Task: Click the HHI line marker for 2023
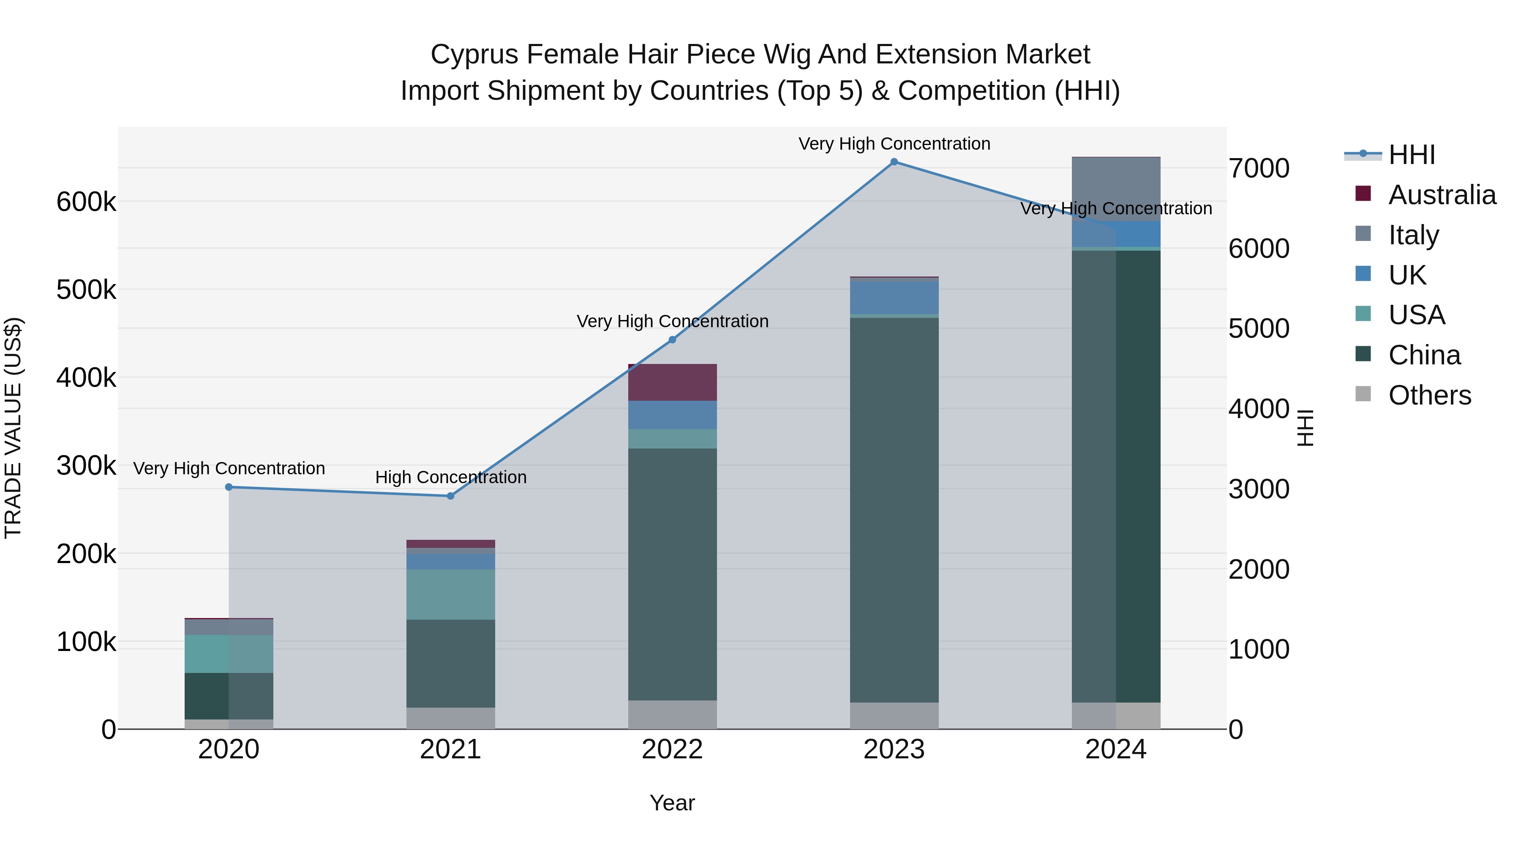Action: coord(894,162)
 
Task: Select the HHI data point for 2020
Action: coord(229,487)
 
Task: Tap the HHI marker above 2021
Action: coord(450,496)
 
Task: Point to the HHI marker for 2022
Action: coord(672,340)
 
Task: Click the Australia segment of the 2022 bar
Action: coord(672,382)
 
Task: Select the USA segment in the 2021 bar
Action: coord(450,594)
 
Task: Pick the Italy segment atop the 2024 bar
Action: coord(1116,189)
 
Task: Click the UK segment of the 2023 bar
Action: coord(894,298)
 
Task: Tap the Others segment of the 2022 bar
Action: coord(672,714)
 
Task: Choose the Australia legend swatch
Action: coord(1363,194)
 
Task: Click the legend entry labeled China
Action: coord(1424,355)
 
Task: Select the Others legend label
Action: coord(1429,395)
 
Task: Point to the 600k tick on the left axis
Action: coord(86,202)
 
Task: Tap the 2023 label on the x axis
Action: coord(894,749)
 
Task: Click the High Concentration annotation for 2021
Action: coord(450,477)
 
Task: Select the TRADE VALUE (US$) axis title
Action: coord(13,428)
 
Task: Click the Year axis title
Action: coord(672,803)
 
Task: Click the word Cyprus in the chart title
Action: coord(474,55)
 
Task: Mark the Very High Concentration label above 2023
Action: coord(894,144)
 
